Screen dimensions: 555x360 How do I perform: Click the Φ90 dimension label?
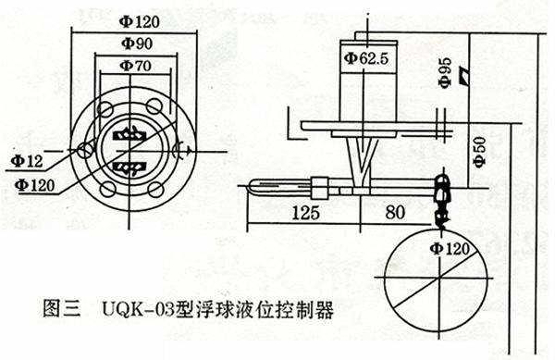[x=137, y=43]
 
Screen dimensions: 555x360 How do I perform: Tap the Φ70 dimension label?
[x=136, y=66]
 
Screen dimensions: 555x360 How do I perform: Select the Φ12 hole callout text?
[x=27, y=161]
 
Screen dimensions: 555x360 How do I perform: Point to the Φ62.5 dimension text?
[x=366, y=58]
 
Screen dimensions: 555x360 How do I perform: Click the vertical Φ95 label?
[x=445, y=72]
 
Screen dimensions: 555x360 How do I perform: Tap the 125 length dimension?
[x=306, y=212]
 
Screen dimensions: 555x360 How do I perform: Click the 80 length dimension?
[x=395, y=212]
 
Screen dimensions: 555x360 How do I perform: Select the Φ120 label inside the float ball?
[x=450, y=249]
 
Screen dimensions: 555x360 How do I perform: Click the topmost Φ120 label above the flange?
[x=139, y=22]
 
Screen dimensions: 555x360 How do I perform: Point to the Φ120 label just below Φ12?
[x=35, y=185]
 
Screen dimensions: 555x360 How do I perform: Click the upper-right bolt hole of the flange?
[x=154, y=106]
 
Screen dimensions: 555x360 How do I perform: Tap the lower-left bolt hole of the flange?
[x=107, y=190]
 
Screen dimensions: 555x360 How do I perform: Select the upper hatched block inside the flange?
[x=129, y=134]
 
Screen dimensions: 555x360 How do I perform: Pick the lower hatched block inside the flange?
[x=129, y=167]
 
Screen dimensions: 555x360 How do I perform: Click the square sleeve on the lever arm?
[x=320, y=187]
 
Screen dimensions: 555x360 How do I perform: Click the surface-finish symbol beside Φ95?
[x=464, y=75]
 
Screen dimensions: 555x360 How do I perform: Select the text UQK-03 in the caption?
[x=139, y=309]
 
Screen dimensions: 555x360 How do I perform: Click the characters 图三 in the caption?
[x=62, y=309]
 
